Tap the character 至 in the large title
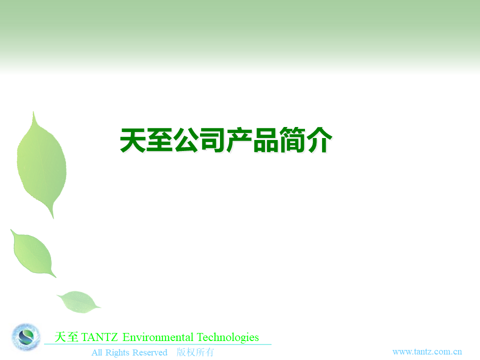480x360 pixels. [x=159, y=140]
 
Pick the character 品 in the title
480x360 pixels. [x=265, y=140]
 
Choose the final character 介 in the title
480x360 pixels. [x=319, y=140]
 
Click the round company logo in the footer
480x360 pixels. [x=25, y=337]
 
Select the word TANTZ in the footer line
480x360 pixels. [x=99, y=337]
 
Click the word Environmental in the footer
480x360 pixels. [x=158, y=337]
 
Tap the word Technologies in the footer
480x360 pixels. [x=228, y=337]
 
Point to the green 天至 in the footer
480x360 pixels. [x=66, y=337]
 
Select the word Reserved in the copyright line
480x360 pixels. [x=150, y=352]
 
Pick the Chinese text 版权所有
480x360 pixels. [x=195, y=352]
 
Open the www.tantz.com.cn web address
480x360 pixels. [x=427, y=351]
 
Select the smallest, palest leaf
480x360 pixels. [x=78, y=302]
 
